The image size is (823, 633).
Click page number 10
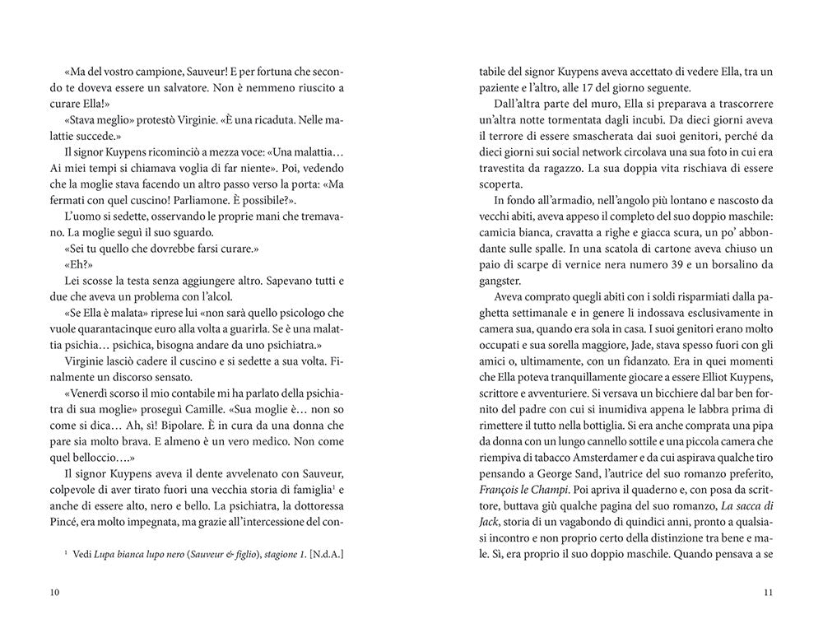[x=55, y=593]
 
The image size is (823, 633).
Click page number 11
[x=767, y=593]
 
